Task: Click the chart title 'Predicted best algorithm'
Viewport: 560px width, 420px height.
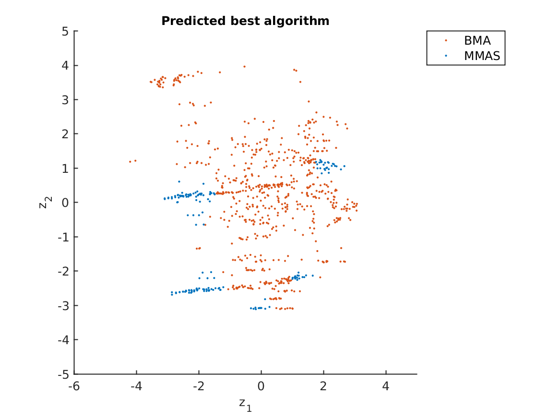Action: [245, 21]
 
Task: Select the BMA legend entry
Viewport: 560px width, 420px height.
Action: [477, 41]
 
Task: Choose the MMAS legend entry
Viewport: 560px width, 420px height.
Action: [482, 56]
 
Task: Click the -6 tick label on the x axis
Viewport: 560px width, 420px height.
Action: [73, 385]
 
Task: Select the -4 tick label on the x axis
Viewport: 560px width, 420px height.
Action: [136, 385]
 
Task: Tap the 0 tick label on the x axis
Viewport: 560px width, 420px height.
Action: [261, 385]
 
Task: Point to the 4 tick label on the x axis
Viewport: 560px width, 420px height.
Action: [386, 385]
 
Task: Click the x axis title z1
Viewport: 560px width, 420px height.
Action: [245, 404]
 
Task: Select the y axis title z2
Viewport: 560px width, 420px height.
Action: [44, 203]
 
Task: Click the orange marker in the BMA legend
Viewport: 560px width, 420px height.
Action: [446, 41]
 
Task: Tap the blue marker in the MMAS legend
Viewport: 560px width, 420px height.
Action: [446, 56]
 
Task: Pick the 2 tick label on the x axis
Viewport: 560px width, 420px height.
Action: [323, 385]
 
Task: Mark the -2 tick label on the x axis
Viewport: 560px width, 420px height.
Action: [198, 385]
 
